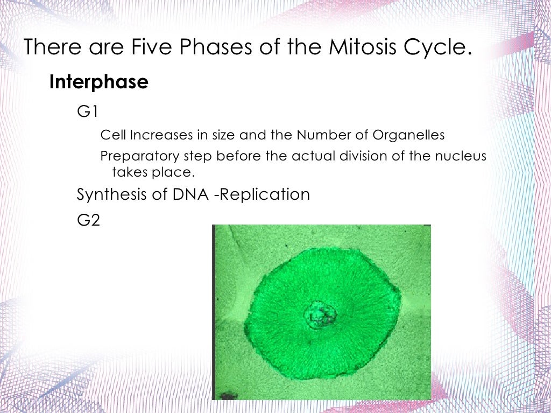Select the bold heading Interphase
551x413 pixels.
point(98,82)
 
